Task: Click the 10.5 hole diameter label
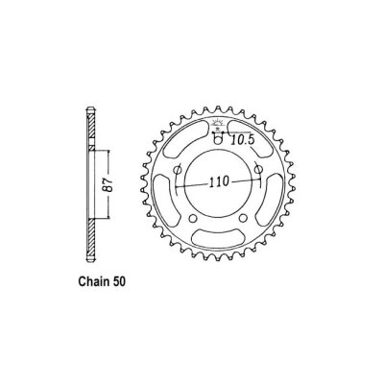242,140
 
